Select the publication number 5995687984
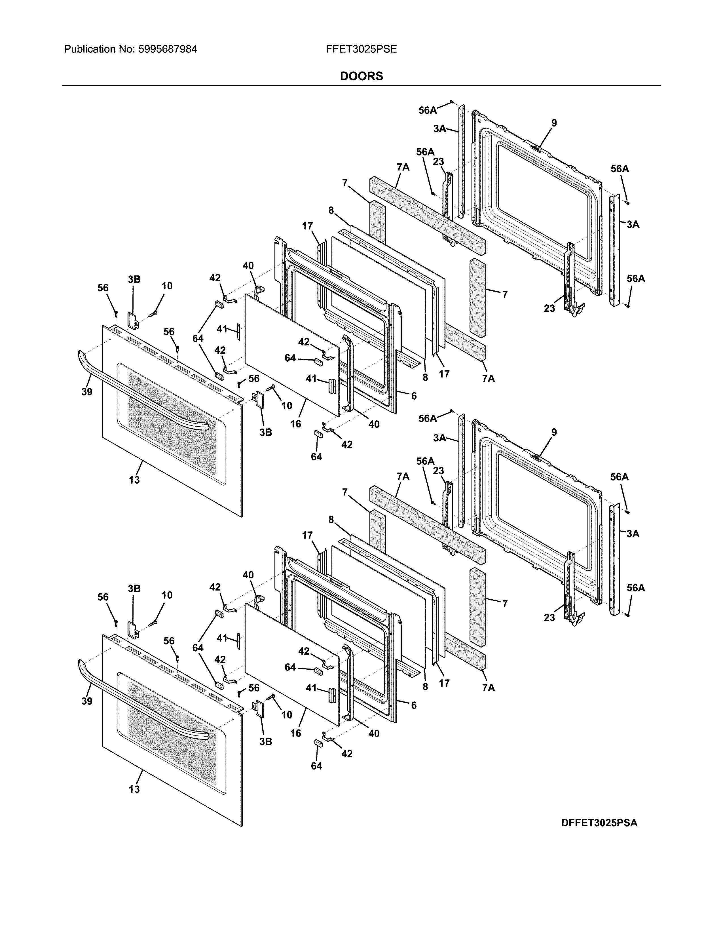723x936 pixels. tap(168, 49)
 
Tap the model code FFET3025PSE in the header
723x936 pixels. tap(361, 49)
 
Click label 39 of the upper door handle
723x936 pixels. tap(87, 392)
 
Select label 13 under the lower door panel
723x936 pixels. tap(134, 789)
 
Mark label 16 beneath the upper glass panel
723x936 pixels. tap(295, 424)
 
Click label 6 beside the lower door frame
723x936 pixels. tap(414, 705)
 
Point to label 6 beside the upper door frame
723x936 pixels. tap(414, 396)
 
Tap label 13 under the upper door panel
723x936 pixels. tap(134, 480)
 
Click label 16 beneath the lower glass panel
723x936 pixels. tap(295, 733)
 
